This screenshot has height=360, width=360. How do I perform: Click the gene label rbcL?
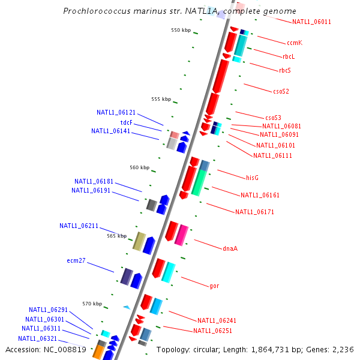click(289, 56)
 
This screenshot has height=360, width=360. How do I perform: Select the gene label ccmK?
click(294, 43)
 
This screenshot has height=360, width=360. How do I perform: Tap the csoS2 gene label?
click(281, 92)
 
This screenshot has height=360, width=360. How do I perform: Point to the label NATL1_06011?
click(311, 22)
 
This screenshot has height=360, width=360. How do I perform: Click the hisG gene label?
click(252, 178)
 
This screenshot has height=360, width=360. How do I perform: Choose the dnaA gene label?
click(230, 248)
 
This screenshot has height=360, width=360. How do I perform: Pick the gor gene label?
click(214, 286)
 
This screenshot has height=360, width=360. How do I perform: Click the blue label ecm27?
click(76, 261)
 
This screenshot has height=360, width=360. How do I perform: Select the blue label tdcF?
click(126, 122)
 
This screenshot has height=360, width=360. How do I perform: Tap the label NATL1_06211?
click(79, 226)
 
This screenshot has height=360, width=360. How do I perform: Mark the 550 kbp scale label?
click(181, 30)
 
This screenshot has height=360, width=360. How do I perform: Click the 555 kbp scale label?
click(161, 99)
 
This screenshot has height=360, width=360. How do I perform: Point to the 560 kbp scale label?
click(140, 167)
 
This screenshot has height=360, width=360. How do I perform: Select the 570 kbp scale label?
click(92, 304)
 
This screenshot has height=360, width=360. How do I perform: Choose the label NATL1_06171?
click(254, 212)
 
